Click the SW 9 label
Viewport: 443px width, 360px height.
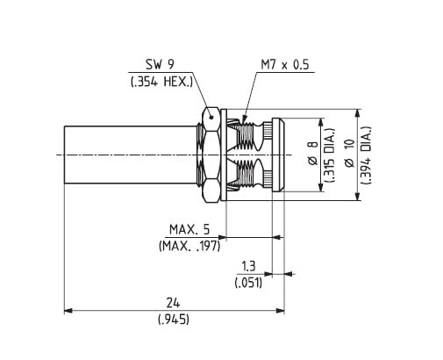[x=160, y=64]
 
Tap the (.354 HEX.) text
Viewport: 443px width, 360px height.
[x=161, y=82]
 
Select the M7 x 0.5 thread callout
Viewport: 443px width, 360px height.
[x=285, y=65]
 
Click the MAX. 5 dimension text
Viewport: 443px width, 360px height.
[x=189, y=229]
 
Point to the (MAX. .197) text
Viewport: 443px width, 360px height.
[x=189, y=246]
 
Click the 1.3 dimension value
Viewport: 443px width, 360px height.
[x=248, y=266]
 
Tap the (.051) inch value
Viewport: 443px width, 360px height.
[x=248, y=283]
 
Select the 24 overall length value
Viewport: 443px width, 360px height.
[x=173, y=303]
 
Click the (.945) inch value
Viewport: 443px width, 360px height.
[x=174, y=320]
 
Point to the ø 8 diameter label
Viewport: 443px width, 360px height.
[x=312, y=153]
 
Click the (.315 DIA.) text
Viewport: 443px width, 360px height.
[x=330, y=155]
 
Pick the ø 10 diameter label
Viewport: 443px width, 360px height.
[x=349, y=153]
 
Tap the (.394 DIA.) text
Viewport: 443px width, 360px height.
[x=366, y=155]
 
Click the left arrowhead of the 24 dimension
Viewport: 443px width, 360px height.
[x=68, y=311]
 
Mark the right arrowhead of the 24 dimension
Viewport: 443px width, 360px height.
[x=281, y=311]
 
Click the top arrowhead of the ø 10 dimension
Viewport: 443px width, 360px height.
[x=357, y=113]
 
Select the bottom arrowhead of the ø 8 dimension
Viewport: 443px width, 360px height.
[x=321, y=188]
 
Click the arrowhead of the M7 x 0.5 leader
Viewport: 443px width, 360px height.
[x=243, y=119]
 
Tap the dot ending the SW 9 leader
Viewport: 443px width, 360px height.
[x=211, y=118]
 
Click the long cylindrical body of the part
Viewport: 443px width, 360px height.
[x=130, y=155]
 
